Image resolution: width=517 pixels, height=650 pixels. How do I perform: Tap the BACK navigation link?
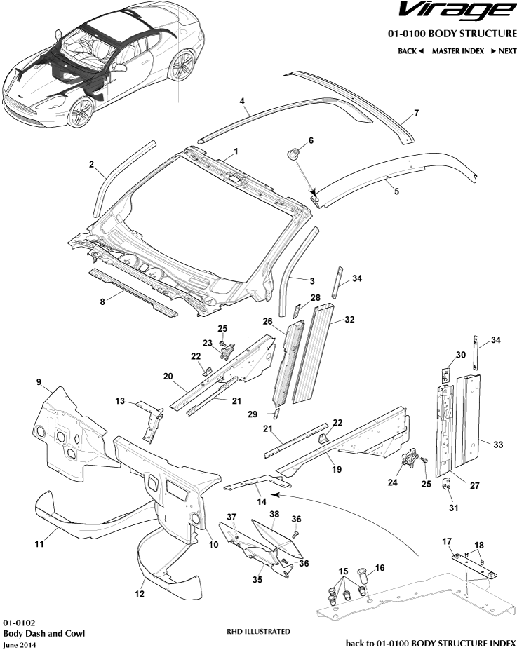(410, 51)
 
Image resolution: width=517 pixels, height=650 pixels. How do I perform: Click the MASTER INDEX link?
(457, 51)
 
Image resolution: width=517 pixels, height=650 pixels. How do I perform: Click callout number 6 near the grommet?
(311, 140)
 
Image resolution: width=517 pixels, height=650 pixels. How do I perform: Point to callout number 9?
(39, 382)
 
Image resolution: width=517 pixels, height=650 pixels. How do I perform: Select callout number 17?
(446, 541)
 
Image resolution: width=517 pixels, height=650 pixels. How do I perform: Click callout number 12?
(140, 595)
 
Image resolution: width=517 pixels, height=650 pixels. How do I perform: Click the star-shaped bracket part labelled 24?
(408, 462)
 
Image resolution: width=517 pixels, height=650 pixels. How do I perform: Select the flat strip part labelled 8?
(133, 290)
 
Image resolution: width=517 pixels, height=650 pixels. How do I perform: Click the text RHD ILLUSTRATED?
(258, 632)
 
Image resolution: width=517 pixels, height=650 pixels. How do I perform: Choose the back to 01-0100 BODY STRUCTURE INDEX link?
(431, 643)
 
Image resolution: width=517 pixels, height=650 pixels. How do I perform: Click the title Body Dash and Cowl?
(43, 633)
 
